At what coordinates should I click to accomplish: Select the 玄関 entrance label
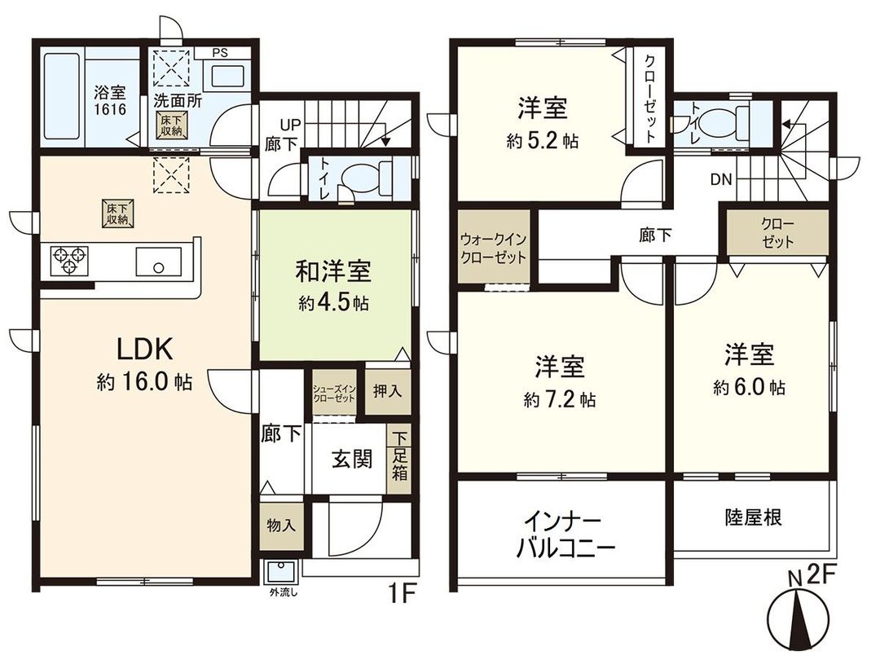click(352, 460)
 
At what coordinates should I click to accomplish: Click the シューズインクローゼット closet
click(334, 394)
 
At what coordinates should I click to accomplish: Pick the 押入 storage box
click(387, 390)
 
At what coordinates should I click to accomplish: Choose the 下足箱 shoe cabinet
click(398, 459)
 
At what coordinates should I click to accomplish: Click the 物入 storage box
click(280, 526)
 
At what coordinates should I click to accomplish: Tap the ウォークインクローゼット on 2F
click(492, 248)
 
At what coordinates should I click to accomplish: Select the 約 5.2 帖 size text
click(542, 140)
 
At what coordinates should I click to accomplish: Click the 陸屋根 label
click(752, 517)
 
